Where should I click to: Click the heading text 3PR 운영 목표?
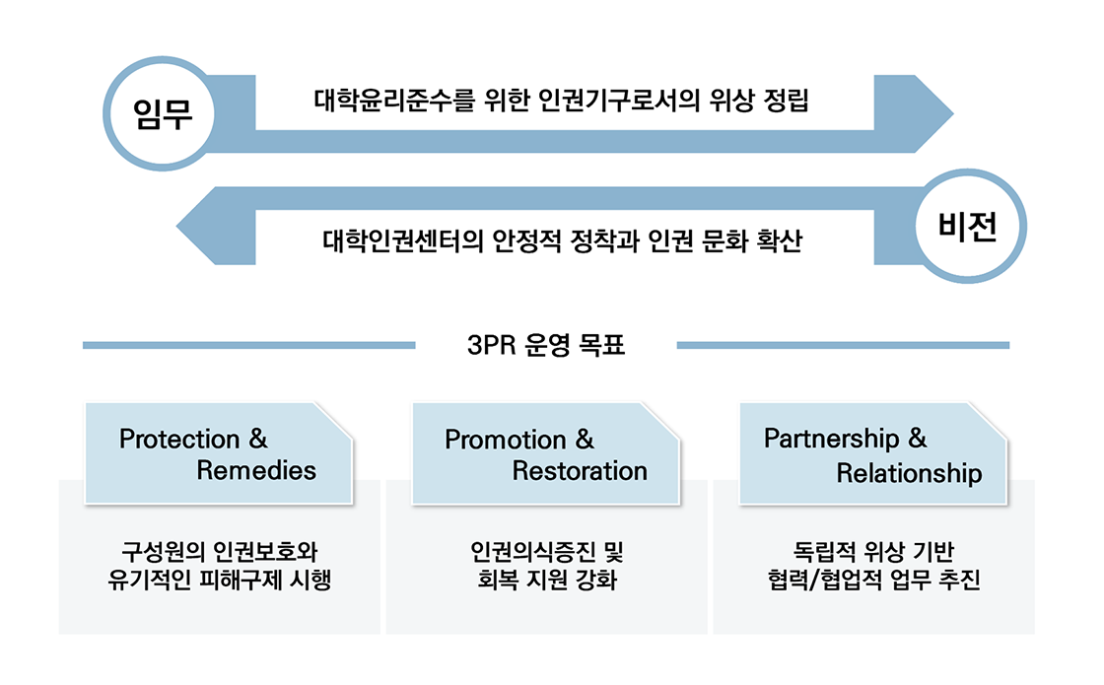click(x=546, y=346)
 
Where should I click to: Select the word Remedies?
click(x=256, y=470)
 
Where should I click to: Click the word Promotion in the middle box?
click(x=506, y=440)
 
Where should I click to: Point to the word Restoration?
click(x=580, y=470)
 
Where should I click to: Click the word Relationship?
click(x=909, y=473)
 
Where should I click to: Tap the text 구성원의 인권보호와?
click(x=220, y=550)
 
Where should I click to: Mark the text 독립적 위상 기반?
click(x=873, y=550)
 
